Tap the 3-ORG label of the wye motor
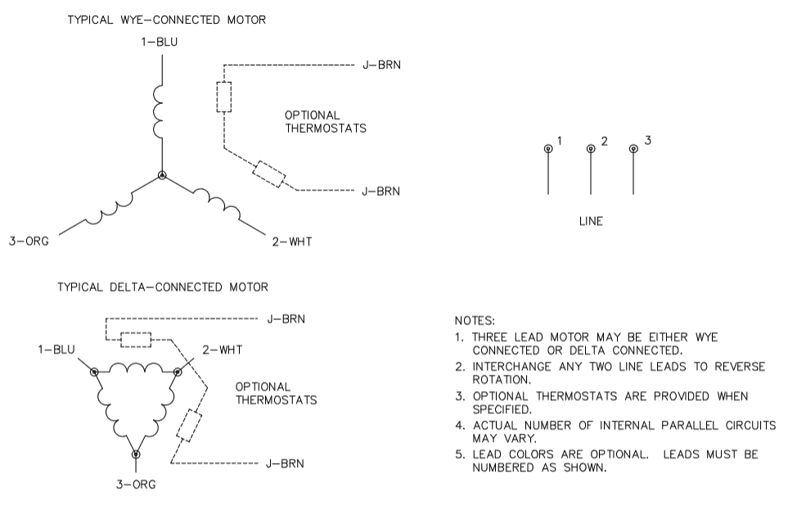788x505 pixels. coord(29,241)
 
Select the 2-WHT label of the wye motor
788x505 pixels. coord(291,241)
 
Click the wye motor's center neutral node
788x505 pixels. coord(162,175)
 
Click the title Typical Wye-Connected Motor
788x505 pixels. coord(166,20)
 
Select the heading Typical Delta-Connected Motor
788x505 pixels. coord(162,287)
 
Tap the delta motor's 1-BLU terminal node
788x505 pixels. coord(95,372)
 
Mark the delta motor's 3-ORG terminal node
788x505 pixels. coord(136,453)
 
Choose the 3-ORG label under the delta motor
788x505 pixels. coord(136,484)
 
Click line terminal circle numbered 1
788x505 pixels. coord(547,148)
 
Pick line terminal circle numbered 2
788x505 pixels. coord(590,148)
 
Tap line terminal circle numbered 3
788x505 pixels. coord(633,148)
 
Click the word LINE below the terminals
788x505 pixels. coord(590,221)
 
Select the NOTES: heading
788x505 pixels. coord(475,322)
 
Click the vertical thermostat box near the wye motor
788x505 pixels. coord(223,97)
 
